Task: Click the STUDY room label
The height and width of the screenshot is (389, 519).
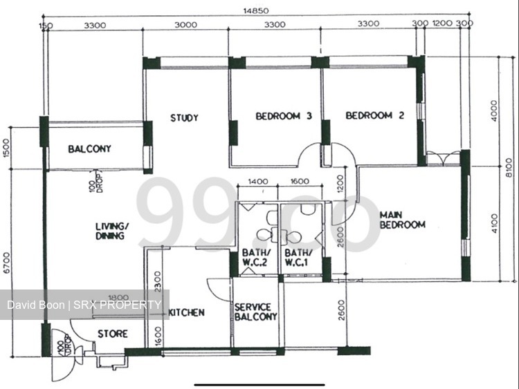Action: [x=185, y=118]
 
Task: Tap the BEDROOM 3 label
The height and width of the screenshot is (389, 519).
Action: [x=283, y=116]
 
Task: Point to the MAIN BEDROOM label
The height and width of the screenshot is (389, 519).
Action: [x=402, y=219]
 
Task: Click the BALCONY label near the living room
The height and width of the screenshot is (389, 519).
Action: [x=89, y=149]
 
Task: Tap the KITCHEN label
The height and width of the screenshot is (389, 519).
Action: [x=186, y=312]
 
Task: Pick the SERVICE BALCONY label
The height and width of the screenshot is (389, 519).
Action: [x=255, y=312]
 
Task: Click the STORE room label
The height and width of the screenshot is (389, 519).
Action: [x=112, y=334]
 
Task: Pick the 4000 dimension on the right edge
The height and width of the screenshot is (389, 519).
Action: [x=493, y=111]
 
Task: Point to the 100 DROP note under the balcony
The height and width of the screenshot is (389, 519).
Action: [x=96, y=182]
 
